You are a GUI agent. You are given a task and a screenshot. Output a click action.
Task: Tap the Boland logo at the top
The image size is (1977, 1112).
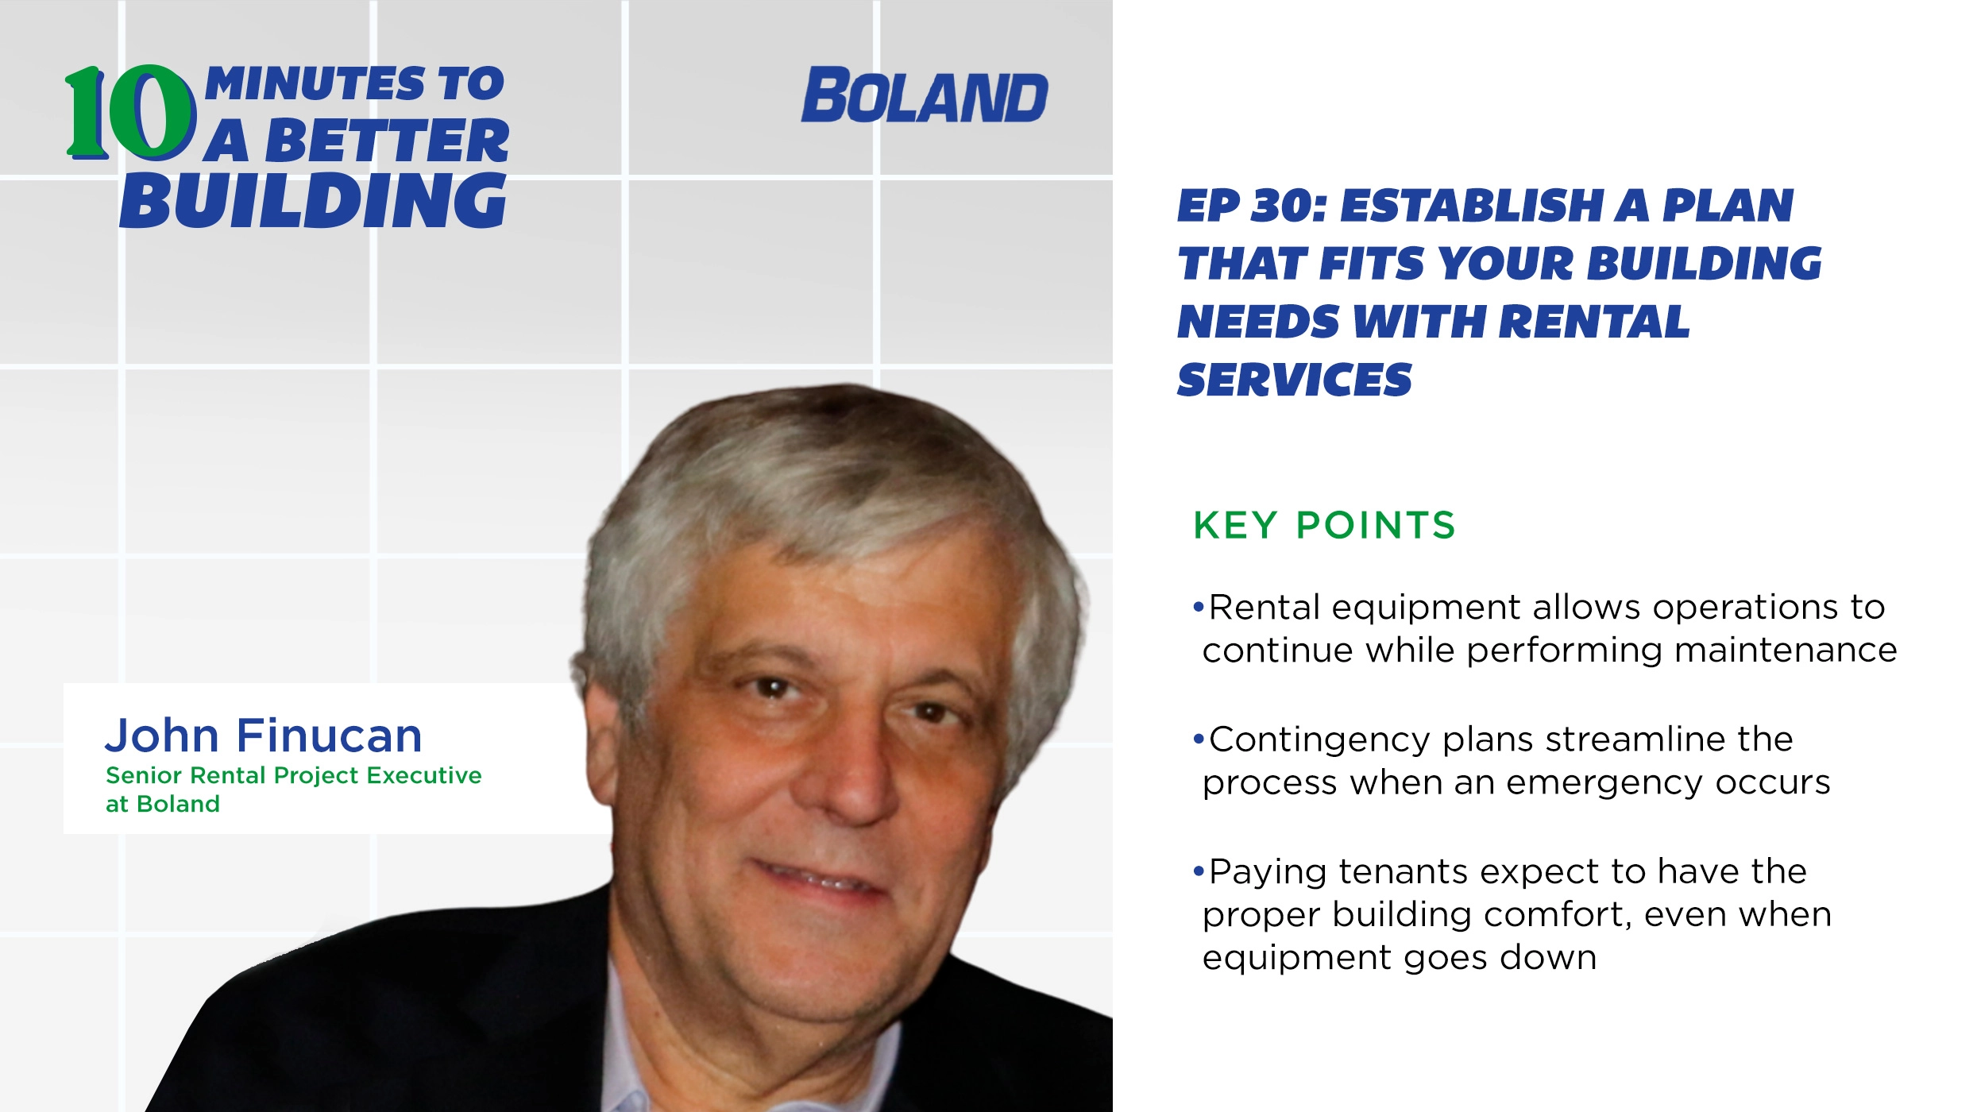point(925,96)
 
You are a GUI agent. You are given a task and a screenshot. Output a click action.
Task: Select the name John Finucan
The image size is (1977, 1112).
point(264,735)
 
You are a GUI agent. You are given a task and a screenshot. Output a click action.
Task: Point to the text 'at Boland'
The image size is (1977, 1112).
point(163,804)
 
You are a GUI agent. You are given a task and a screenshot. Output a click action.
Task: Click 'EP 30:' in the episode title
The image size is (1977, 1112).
point(1252,206)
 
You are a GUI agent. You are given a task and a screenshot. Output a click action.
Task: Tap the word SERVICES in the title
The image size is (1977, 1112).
point(1295,380)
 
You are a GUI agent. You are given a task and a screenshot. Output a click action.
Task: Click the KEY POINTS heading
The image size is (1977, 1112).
point(1324,525)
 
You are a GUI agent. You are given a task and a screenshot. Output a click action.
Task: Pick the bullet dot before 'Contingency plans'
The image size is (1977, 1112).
point(1199,739)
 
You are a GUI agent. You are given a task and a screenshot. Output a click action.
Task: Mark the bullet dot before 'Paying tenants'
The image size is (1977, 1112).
point(1199,872)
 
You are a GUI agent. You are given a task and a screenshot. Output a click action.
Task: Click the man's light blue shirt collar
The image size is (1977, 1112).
point(635,1056)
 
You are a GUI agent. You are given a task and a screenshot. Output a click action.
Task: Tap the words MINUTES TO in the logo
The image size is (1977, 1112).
point(355,84)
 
